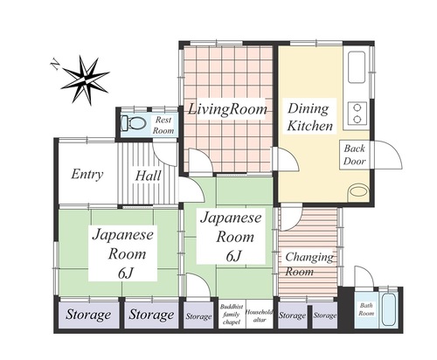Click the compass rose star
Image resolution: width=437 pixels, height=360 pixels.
point(85,80)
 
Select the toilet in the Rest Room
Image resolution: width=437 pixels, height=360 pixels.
point(133,123)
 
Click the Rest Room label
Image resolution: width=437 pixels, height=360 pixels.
point(163,125)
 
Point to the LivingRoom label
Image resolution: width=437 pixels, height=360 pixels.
point(227,109)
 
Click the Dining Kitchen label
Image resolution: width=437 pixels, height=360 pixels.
point(309,117)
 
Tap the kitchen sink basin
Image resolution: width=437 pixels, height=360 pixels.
point(357,67)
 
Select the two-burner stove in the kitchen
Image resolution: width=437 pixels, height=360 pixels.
point(357,114)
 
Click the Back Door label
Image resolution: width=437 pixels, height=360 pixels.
point(354,155)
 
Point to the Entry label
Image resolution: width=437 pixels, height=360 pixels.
point(87,175)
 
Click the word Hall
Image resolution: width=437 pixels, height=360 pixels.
point(149,176)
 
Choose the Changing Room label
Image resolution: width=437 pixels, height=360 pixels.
point(309,264)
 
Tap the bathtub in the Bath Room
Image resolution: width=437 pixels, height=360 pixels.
point(390,309)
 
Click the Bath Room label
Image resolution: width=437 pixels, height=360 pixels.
point(366,309)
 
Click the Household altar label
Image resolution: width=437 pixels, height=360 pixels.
point(260,315)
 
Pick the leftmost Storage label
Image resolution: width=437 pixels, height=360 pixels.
point(88,315)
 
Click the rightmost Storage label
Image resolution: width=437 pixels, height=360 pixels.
point(325,315)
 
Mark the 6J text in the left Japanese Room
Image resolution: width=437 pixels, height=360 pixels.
point(126,273)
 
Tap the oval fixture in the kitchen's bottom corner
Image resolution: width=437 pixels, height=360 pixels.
point(358,192)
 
